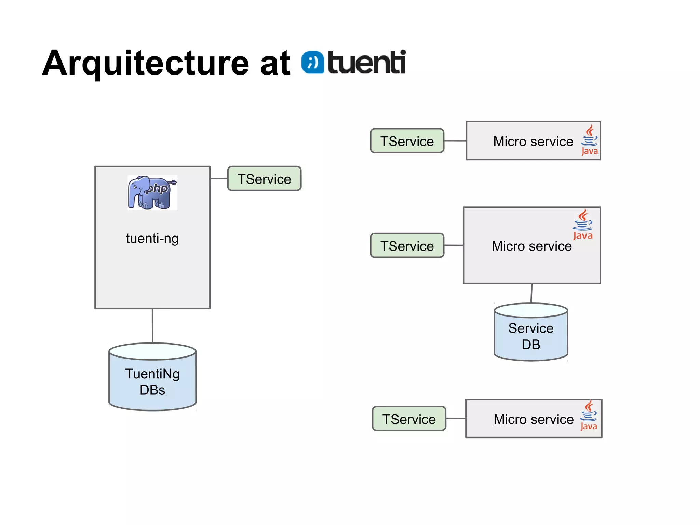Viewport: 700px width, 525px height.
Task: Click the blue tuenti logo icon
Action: click(312, 62)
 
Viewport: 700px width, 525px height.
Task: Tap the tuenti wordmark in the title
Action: click(367, 62)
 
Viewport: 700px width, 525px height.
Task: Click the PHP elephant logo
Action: click(152, 192)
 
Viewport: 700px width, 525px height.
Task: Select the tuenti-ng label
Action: click(152, 238)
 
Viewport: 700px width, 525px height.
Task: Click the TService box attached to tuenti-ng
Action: click(264, 179)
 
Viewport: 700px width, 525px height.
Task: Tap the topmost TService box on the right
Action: click(407, 141)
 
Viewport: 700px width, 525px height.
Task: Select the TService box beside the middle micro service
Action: click(407, 246)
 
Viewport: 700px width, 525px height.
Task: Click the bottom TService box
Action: click(409, 419)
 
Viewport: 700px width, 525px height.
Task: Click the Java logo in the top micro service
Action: click(590, 140)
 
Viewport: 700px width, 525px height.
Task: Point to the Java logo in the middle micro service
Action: click(583, 225)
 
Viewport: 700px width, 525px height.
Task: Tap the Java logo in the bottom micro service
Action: click(589, 416)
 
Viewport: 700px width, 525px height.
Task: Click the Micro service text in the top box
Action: click(533, 142)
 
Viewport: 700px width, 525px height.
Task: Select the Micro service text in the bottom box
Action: click(533, 419)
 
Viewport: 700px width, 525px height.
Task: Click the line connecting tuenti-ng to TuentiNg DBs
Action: click(152, 326)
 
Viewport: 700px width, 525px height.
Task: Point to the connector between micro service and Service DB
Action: click(531, 293)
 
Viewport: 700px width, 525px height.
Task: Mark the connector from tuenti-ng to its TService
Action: click(219, 178)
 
